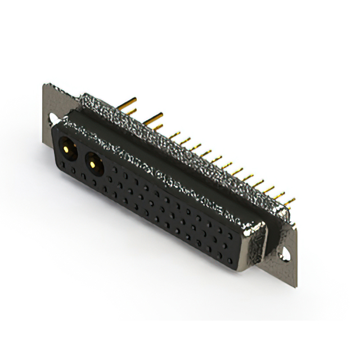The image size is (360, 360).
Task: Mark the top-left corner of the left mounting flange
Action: click(x=44, y=84)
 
